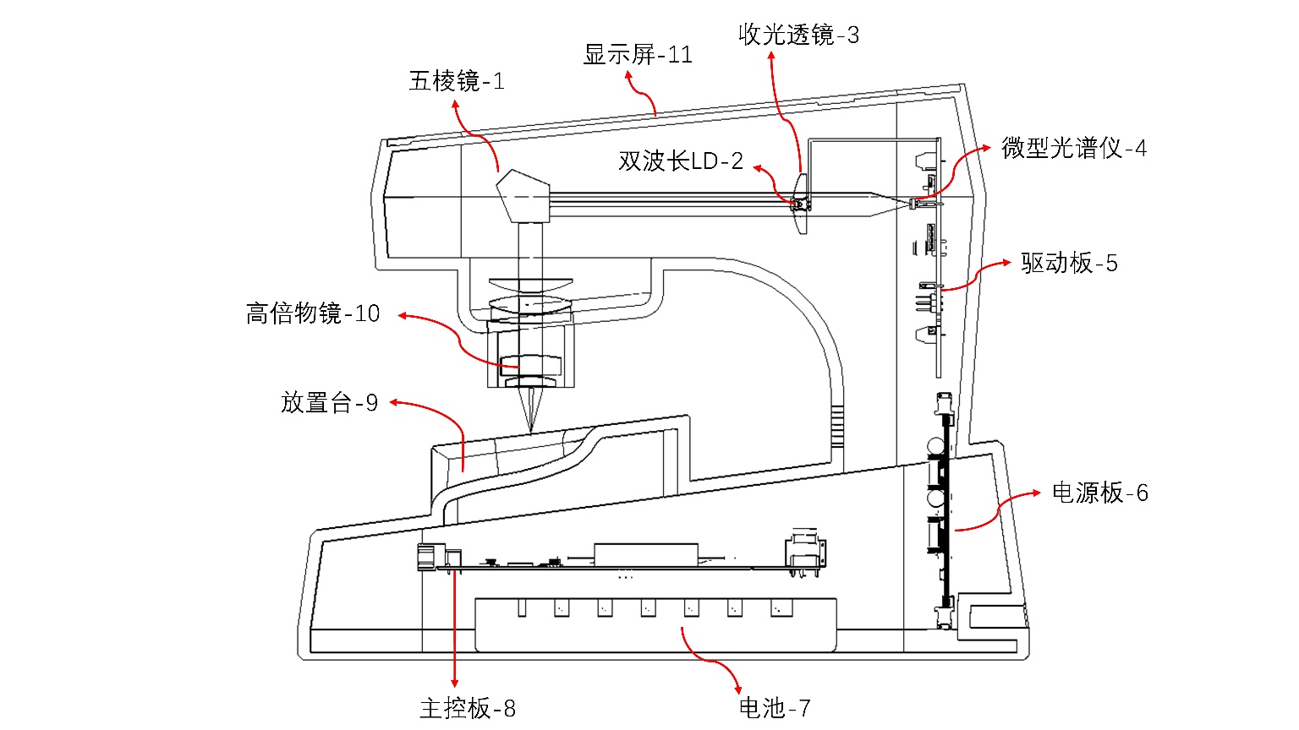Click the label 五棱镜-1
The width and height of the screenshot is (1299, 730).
click(x=457, y=81)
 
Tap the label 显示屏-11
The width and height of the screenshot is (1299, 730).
click(x=638, y=55)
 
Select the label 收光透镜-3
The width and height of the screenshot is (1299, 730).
click(x=798, y=35)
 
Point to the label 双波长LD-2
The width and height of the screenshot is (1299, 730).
click(x=681, y=161)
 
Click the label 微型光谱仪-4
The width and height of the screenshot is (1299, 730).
click(x=1074, y=149)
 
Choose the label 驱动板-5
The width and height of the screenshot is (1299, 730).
click(x=1069, y=264)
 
